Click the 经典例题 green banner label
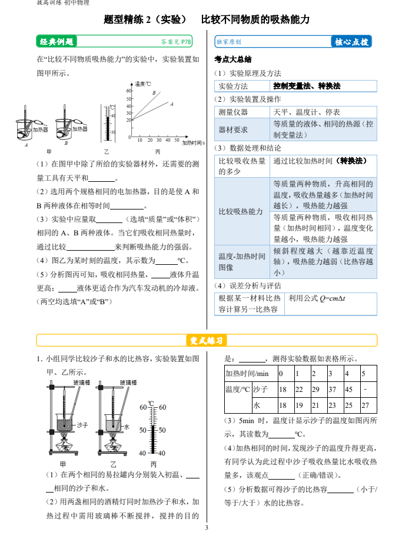[x=57, y=42]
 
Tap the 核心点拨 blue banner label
[x=351, y=42]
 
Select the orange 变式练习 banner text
[x=206, y=341]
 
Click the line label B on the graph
[x=154, y=93]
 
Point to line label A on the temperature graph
[x=171, y=104]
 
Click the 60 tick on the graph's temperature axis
[x=129, y=91]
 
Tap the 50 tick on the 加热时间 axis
[x=168, y=140]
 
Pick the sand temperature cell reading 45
[x=348, y=390]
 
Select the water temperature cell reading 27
[x=365, y=405]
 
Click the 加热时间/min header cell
[x=247, y=374]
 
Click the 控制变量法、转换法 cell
[x=307, y=86]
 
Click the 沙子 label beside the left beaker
[x=82, y=424]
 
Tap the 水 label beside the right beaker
[x=127, y=427]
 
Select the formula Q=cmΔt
[x=316, y=298]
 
